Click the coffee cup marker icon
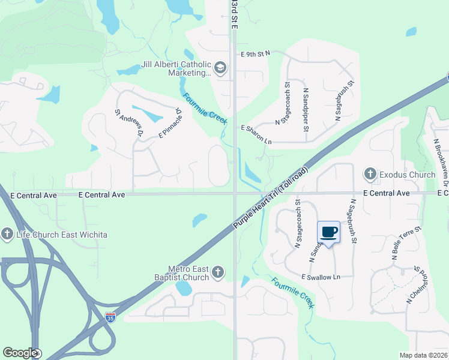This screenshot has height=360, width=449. tap(328, 232)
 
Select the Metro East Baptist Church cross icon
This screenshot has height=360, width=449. tap(218, 273)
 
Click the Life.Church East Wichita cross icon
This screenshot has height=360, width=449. tap(7, 234)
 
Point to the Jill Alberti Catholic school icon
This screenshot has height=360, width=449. tap(220, 68)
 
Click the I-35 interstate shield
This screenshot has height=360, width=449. tap(110, 317)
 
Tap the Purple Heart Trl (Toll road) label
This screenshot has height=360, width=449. tap(271, 197)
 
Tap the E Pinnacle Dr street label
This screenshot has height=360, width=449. tap(170, 123)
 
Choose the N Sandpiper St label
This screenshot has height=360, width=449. tap(306, 110)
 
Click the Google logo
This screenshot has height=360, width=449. tap(19, 353)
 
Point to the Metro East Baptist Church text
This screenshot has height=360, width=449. tap(188, 273)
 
